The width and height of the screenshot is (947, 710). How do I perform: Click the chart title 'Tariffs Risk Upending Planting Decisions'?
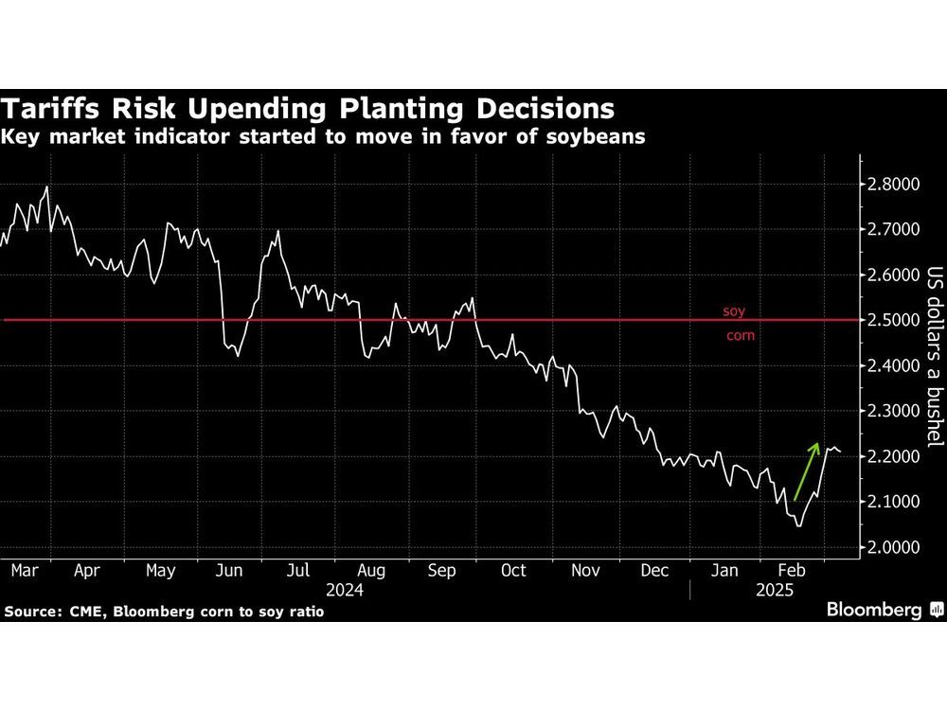click(x=309, y=106)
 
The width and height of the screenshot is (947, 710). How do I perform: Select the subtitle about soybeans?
click(x=324, y=136)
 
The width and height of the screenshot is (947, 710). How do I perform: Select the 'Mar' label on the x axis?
click(x=24, y=571)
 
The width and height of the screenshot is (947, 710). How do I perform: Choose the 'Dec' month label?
click(x=653, y=571)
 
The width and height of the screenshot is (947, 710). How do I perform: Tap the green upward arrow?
click(x=806, y=470)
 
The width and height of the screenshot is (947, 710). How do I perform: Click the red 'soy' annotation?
click(x=734, y=311)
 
